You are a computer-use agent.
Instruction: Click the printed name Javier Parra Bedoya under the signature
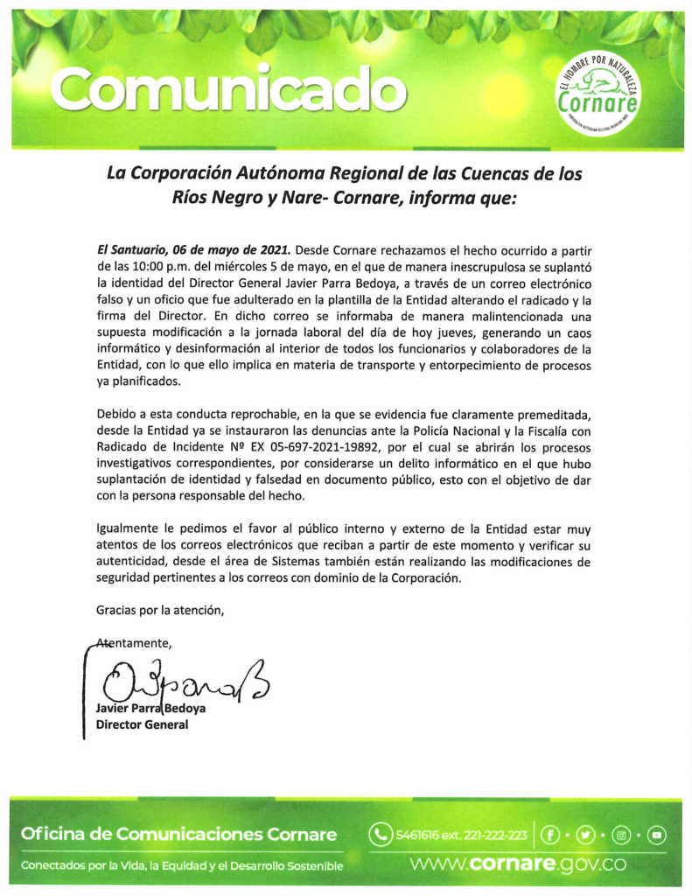[x=150, y=710]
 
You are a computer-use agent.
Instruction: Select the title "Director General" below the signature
[x=142, y=724]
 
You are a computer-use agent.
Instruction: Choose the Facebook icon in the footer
[x=549, y=834]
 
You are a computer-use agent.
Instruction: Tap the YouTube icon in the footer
[x=655, y=834]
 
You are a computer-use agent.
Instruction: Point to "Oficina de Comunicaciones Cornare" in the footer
[x=179, y=835]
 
